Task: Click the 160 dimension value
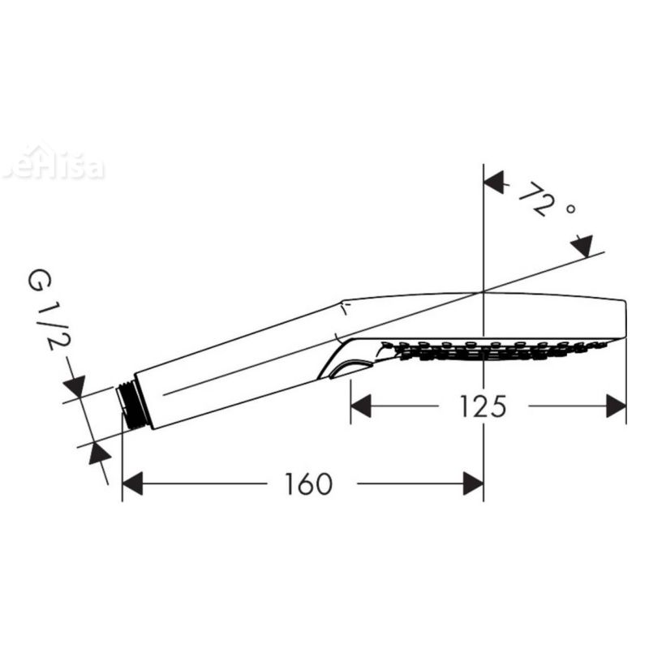pyautogui.click(x=308, y=484)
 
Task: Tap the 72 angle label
pyautogui.click(x=539, y=198)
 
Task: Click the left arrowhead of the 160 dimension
pyautogui.click(x=132, y=485)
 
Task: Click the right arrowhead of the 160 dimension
pyautogui.click(x=473, y=485)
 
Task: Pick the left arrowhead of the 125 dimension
pyautogui.click(x=360, y=406)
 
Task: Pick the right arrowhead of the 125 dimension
pyautogui.click(x=617, y=406)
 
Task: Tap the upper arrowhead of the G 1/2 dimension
pyautogui.click(x=74, y=388)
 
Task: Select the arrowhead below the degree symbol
pyautogui.click(x=582, y=245)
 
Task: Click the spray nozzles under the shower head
pyautogui.click(x=495, y=350)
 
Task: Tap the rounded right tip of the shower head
pyautogui.click(x=623, y=318)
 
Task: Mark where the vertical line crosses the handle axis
pyautogui.click(x=484, y=291)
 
